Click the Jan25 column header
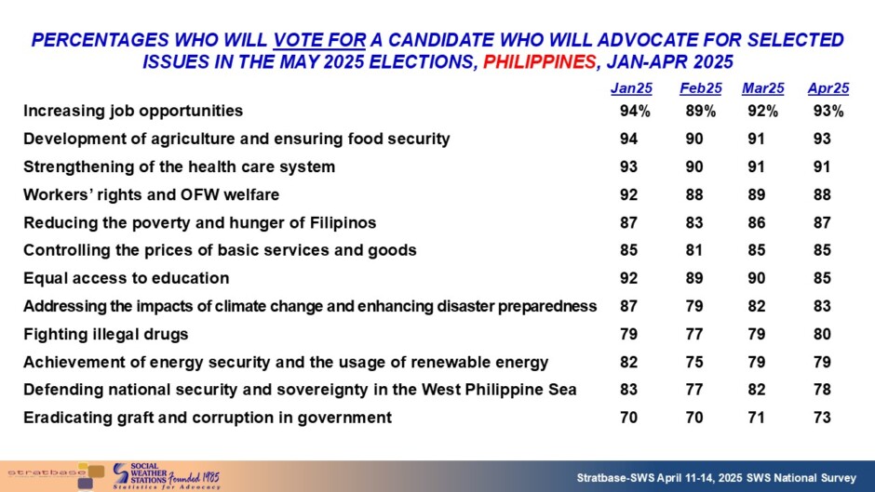(631, 88)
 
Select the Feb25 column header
(700, 88)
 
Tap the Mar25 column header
(763, 88)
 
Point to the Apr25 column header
(828, 88)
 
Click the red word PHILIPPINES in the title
(539, 61)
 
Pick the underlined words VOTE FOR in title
(319, 40)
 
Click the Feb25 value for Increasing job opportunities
(700, 111)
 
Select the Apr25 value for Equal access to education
(822, 278)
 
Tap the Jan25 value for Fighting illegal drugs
(628, 334)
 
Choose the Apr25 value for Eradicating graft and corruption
(822, 418)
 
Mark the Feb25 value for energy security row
(694, 362)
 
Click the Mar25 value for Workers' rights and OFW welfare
(756, 194)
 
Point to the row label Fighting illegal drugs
(106, 334)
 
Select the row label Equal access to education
(126, 278)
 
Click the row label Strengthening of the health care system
(179, 166)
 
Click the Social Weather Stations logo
(166, 476)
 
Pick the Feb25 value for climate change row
(694, 306)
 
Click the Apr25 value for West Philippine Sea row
(822, 390)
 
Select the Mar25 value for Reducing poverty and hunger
(756, 222)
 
